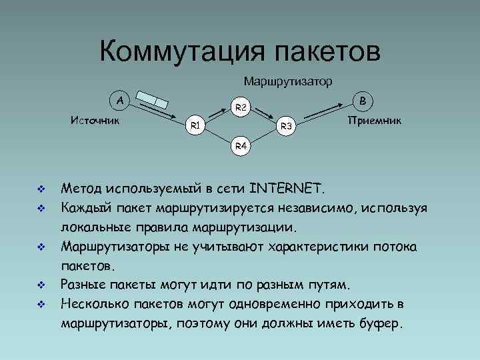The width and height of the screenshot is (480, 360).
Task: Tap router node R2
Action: pos(241,107)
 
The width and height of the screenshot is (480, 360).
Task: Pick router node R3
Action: pos(285,125)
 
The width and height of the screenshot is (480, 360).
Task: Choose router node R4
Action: pos(241,145)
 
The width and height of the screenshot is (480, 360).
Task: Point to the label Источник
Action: pos(95,121)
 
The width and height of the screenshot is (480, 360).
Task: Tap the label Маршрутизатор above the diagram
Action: pos(288,81)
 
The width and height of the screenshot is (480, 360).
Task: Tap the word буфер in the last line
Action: pos(380,325)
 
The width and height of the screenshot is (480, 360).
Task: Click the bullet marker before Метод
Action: pos(41,187)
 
